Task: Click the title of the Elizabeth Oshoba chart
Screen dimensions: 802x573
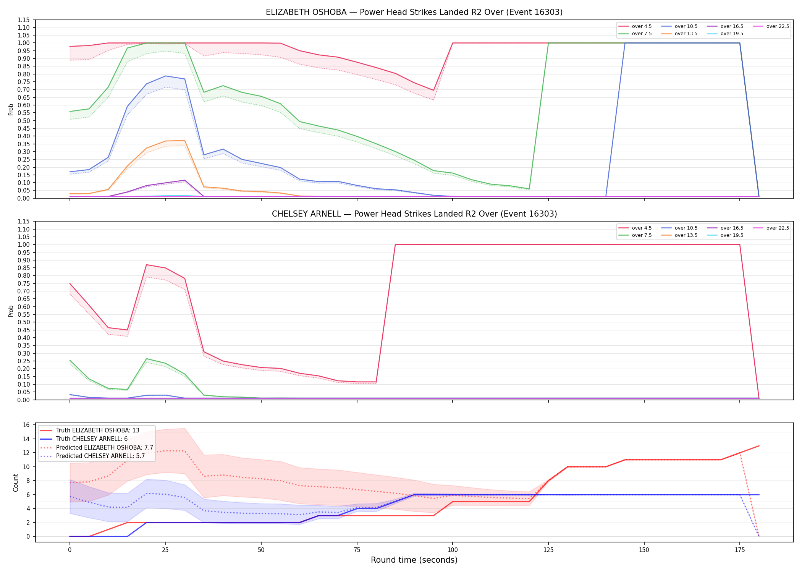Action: (414, 12)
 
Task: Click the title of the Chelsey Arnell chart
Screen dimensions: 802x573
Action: (414, 214)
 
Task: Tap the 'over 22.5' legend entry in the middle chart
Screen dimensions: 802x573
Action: (771, 228)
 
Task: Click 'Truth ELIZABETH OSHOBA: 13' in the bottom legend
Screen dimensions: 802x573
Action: (90, 431)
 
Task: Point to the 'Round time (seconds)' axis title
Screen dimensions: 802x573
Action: (414, 560)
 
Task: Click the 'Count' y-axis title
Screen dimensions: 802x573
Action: (16, 482)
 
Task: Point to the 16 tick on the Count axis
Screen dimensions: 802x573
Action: (26, 425)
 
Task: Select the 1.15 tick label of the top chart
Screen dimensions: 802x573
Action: (24, 20)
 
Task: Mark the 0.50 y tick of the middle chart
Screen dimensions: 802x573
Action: (24, 322)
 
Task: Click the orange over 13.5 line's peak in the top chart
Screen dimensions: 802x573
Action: (185, 141)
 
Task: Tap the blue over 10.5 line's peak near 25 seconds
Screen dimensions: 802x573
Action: (165, 76)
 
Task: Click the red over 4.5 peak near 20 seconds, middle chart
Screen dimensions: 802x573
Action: (147, 265)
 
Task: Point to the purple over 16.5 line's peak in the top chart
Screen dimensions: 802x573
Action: (185, 180)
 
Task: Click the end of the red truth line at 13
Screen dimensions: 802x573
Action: (759, 446)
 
